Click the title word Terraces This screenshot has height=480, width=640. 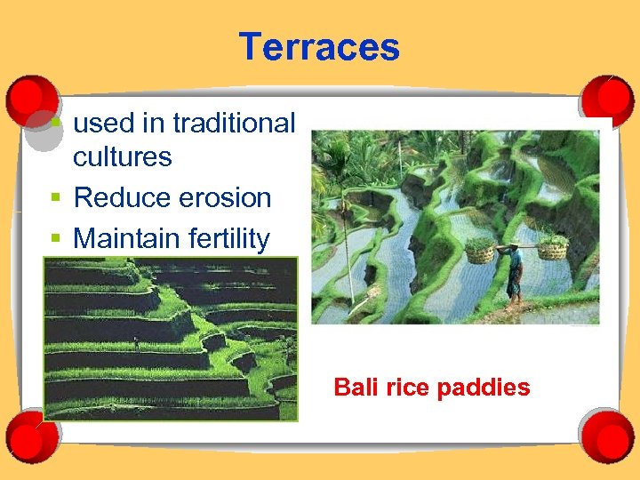click(x=319, y=47)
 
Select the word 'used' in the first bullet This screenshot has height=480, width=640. click(x=100, y=124)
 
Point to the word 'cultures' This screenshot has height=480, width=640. click(x=122, y=157)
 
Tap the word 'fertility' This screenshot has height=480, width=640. click(x=228, y=238)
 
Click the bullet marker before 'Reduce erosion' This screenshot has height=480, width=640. click(x=55, y=197)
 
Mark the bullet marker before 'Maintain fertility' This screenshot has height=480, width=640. click(x=55, y=238)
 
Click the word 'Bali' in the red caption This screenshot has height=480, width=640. click(x=354, y=388)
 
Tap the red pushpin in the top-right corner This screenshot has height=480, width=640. click(x=607, y=98)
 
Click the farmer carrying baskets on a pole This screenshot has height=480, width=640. click(x=515, y=271)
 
